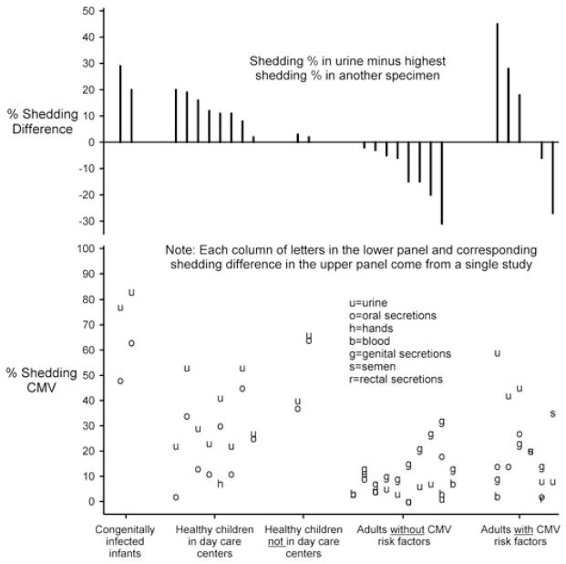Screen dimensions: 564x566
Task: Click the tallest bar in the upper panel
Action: click(497, 82)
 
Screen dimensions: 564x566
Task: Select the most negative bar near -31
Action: click(442, 183)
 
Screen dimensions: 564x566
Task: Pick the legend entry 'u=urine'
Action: click(367, 302)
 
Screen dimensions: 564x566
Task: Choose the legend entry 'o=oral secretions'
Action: click(392, 315)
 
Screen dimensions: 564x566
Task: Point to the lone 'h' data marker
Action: click(220, 484)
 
